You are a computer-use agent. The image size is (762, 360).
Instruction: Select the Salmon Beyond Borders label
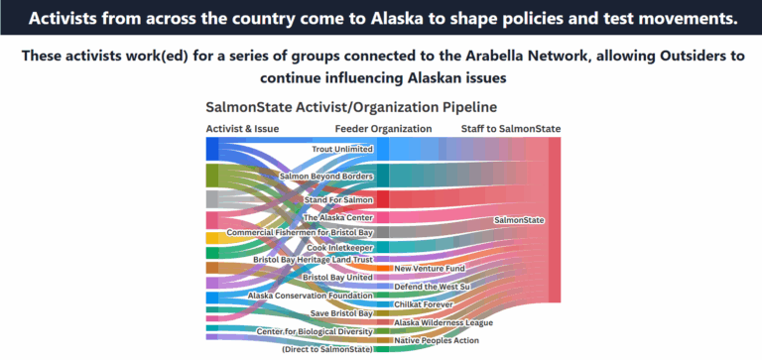[325, 177]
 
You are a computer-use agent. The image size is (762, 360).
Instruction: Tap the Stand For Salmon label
[337, 200]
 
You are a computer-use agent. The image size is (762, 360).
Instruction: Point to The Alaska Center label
[337, 217]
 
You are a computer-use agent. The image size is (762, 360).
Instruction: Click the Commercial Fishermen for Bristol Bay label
[300, 232]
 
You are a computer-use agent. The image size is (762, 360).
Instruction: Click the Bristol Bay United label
[337, 277]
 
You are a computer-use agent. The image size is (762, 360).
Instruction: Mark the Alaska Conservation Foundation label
[310, 295]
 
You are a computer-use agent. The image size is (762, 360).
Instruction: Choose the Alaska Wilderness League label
[444, 322]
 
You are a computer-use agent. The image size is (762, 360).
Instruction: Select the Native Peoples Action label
[437, 340]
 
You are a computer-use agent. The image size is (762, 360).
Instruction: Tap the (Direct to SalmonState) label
[326, 349]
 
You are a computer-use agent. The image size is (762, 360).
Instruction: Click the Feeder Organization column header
[383, 129]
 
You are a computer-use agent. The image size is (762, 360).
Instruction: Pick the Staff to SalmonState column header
[510, 129]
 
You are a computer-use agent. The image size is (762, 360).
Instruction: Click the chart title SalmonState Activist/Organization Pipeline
[350, 106]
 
